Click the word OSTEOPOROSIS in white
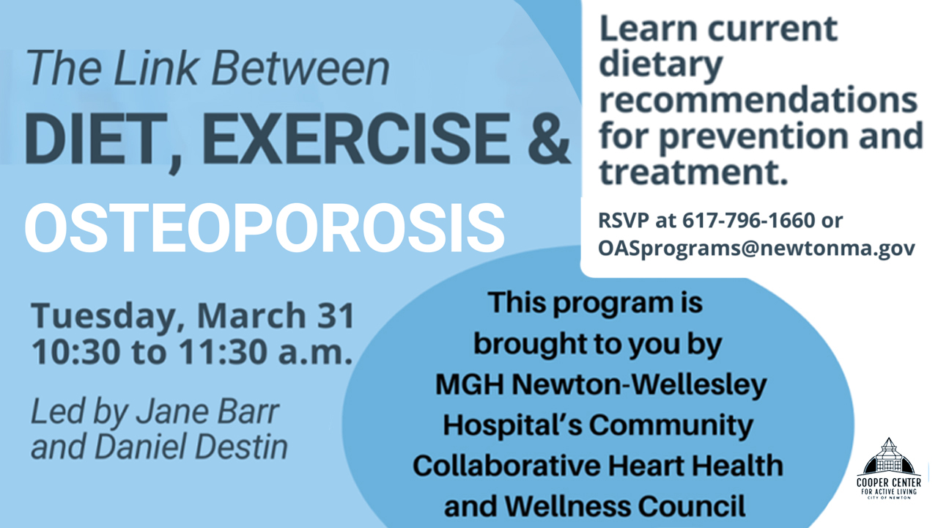click(265, 227)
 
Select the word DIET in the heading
click(96, 139)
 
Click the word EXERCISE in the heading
click(356, 139)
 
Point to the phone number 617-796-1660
click(749, 221)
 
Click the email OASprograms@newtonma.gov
click(756, 249)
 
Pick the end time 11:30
click(224, 352)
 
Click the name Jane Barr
click(207, 411)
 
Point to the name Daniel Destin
click(191, 447)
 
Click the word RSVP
click(623, 221)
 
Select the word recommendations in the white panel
click(758, 100)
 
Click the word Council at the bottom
click(692, 506)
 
